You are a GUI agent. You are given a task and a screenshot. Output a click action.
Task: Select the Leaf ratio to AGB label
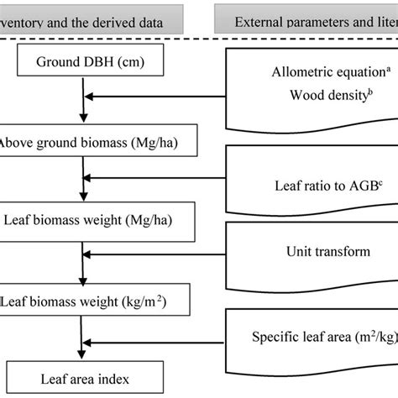coord(316,183)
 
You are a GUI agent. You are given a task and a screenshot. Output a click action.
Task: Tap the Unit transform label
coord(311,250)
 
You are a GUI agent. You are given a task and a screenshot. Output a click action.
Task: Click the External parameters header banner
coord(306,17)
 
